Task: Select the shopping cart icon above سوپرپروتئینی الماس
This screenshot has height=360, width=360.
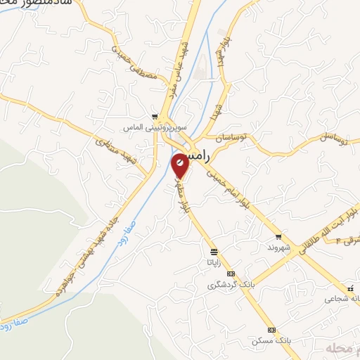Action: [155, 117]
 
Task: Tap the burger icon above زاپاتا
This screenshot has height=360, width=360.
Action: [213, 251]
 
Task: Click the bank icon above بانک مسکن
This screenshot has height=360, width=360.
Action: [271, 330]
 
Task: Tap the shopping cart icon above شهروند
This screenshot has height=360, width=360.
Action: [279, 237]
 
